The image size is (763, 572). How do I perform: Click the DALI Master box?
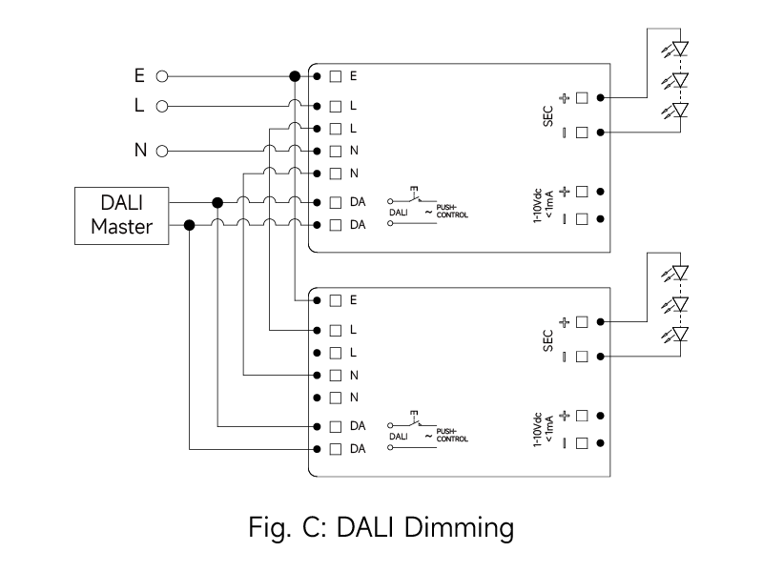click(x=122, y=214)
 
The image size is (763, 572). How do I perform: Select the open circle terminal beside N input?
click(x=162, y=151)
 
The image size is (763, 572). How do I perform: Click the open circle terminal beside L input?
click(x=162, y=106)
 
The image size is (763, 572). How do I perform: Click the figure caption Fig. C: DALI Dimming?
click(x=381, y=526)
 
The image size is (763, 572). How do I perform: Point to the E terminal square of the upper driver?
click(x=336, y=75)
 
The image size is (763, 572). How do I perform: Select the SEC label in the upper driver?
click(x=548, y=115)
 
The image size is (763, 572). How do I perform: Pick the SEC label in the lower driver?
click(x=548, y=339)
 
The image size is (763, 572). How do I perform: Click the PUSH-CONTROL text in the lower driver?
click(x=452, y=435)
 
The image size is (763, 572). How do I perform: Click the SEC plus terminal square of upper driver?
click(x=581, y=97)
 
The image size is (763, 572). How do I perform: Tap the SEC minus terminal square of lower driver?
click(x=581, y=357)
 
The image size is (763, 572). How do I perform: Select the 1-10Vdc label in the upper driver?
click(x=543, y=205)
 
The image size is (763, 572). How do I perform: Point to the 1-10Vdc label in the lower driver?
click(x=543, y=430)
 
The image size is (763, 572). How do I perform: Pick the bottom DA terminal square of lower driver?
click(x=336, y=448)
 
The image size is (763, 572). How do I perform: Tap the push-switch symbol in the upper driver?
click(x=414, y=197)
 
